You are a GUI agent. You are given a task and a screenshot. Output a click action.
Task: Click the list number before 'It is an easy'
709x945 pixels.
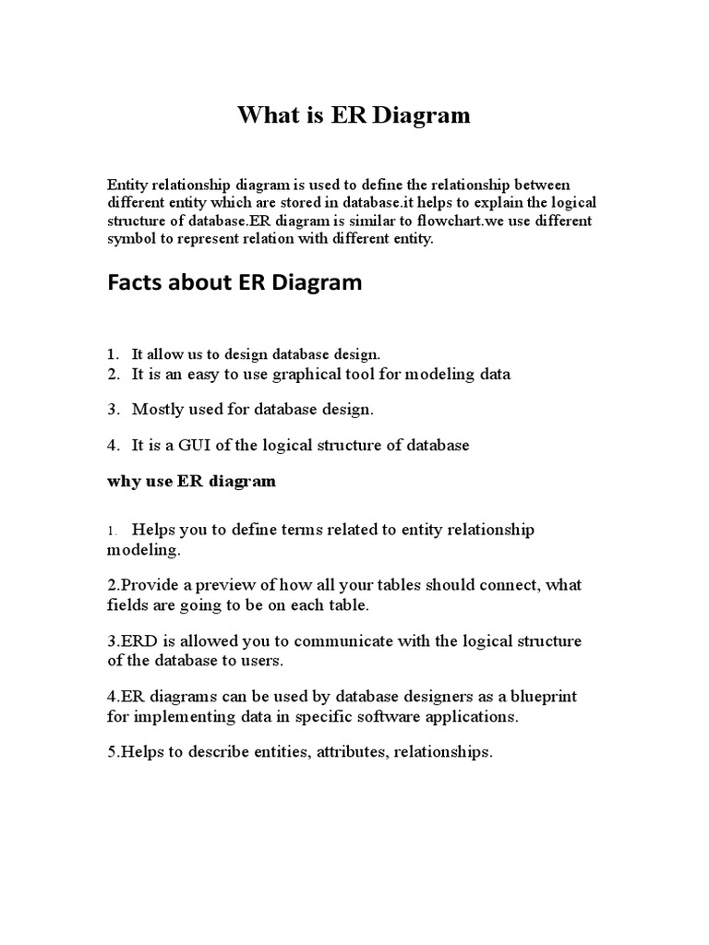coord(113,374)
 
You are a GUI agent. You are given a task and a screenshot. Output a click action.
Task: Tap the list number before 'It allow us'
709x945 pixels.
coord(112,354)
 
